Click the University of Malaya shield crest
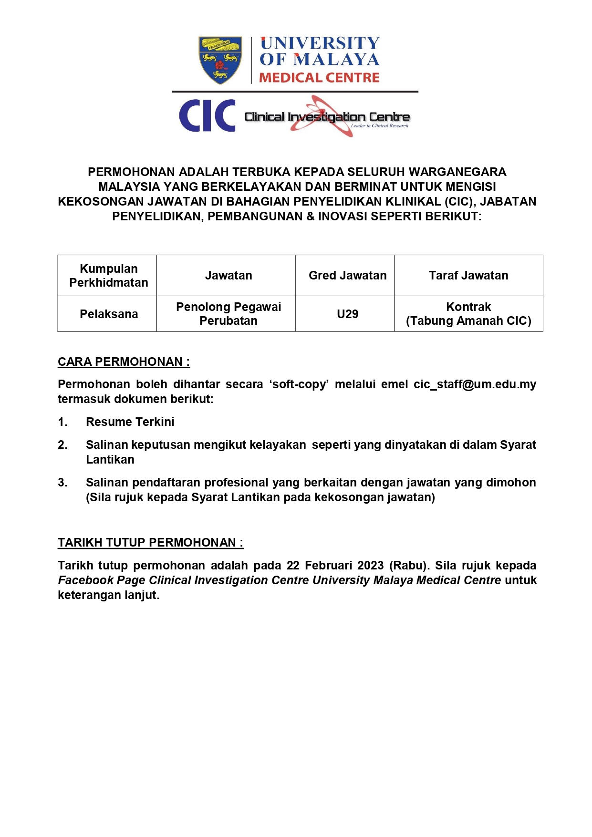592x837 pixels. click(x=220, y=60)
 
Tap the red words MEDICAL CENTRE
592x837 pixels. click(x=319, y=78)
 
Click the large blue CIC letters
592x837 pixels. click(x=207, y=116)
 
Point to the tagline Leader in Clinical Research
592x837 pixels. click(x=380, y=126)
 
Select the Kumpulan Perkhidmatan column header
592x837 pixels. click(x=109, y=276)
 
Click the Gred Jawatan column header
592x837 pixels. click(x=347, y=276)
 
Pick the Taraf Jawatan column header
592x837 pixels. click(x=468, y=276)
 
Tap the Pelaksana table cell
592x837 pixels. click(x=109, y=314)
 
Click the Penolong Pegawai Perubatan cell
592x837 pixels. click(x=228, y=314)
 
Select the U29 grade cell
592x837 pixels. click(x=347, y=314)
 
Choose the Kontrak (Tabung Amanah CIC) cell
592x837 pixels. click(x=468, y=314)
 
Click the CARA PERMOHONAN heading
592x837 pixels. click(x=124, y=362)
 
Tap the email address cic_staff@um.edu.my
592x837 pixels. click(x=475, y=384)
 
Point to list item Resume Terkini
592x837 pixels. click(x=130, y=422)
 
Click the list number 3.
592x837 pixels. click(x=62, y=483)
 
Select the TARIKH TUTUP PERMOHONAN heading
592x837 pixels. click(x=150, y=543)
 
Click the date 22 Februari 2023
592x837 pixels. click(x=335, y=566)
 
